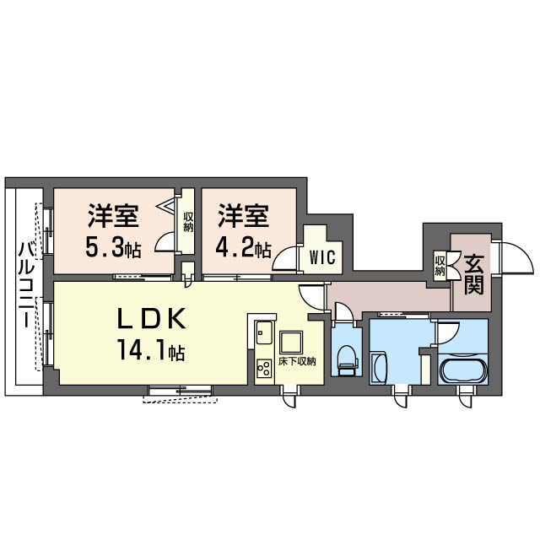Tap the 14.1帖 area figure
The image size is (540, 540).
(152, 349)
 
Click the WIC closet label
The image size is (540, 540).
(322, 256)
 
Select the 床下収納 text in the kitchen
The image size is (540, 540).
(297, 362)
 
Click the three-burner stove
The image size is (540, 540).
(264, 369)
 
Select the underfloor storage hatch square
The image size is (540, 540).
(291, 343)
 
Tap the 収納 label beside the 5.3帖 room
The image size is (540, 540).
(188, 222)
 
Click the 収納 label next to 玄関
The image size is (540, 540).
(440, 266)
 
